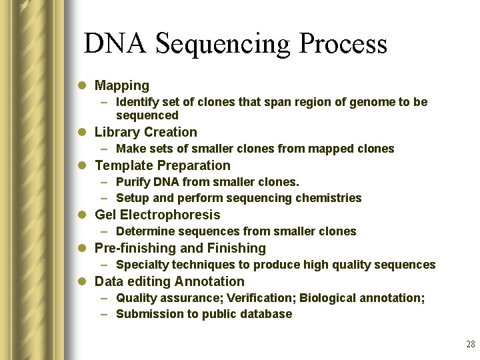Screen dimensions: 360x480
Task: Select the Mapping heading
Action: coord(122,85)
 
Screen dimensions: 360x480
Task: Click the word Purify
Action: coord(132,182)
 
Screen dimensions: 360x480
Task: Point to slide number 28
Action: coord(470,345)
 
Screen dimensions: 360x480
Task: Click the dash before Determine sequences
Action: coord(105,231)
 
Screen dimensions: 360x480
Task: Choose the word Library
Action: coord(116,132)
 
